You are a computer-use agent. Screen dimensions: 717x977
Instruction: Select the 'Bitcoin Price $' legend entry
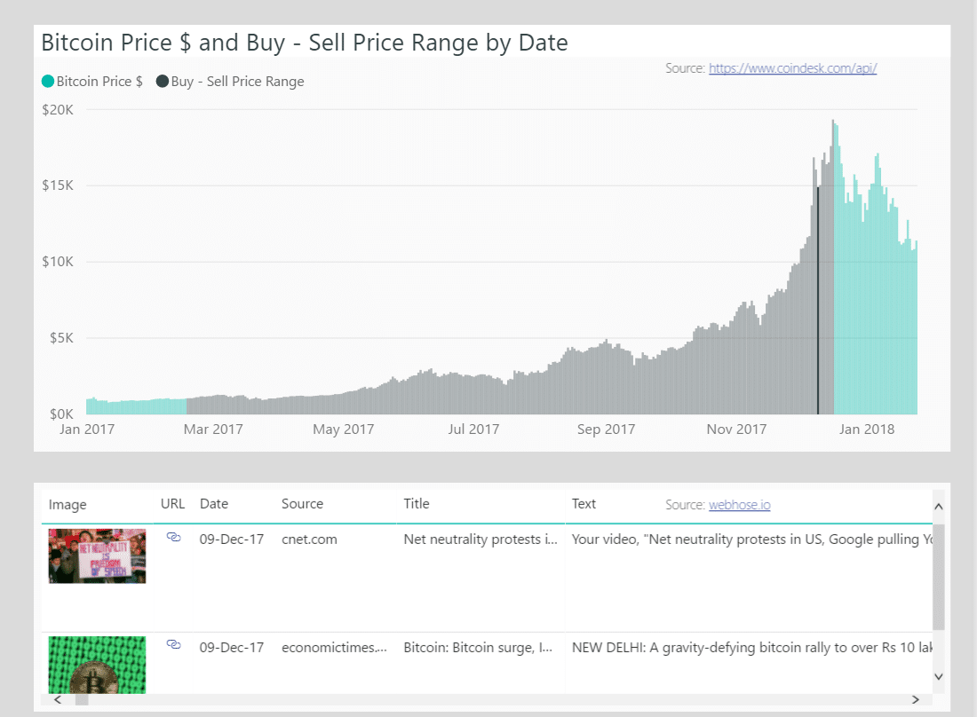click(92, 82)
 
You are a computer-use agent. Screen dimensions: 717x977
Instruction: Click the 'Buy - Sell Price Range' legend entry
click(230, 82)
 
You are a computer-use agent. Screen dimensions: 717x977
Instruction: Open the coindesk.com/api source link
click(792, 68)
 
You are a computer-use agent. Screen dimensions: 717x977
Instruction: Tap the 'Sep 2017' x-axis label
click(606, 429)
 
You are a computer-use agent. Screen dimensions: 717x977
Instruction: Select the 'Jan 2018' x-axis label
click(867, 429)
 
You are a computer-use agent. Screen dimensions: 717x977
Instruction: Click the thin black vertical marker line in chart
click(818, 302)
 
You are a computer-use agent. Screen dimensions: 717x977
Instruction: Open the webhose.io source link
click(739, 505)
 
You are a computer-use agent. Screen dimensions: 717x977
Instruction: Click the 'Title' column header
click(417, 504)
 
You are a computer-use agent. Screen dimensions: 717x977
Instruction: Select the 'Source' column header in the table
click(302, 504)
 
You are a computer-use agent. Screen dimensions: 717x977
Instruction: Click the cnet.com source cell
click(309, 539)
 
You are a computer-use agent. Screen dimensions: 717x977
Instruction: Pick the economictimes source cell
click(334, 648)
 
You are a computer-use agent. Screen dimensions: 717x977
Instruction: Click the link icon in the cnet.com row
click(174, 538)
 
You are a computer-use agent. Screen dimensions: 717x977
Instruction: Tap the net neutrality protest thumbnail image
click(97, 556)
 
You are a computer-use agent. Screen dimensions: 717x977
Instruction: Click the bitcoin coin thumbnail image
click(97, 666)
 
